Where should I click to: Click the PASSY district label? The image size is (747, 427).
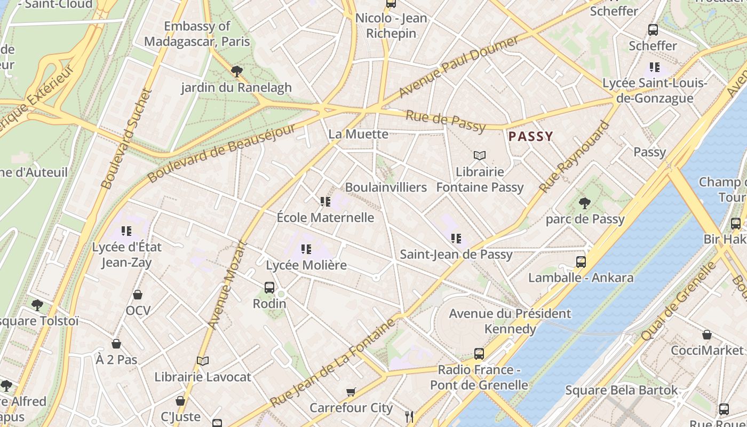pos(530,137)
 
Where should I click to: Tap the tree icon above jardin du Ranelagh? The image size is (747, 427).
pos(236,71)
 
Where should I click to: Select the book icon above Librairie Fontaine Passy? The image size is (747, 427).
pos(480,155)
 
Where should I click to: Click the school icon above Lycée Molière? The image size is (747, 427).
pos(306,249)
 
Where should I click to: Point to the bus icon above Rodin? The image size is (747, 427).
pos(269,288)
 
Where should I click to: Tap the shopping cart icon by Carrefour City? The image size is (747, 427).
pos(351,392)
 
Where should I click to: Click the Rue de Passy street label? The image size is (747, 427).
pos(446,121)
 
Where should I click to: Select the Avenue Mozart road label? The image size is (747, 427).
pos(228,286)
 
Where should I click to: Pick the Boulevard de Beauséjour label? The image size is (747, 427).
pos(221,153)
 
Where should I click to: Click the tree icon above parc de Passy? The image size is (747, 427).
pos(585,203)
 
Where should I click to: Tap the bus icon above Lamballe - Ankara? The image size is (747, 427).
pos(581,262)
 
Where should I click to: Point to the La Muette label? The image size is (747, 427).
pos(358,134)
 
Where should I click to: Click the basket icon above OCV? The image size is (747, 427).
pos(138,295)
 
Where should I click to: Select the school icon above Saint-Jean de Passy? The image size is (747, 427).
pos(456,238)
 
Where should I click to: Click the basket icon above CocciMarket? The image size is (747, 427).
pos(706,335)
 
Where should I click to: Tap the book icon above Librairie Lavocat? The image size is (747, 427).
pos(202,361)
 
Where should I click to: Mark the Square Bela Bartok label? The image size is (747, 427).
pos(621,390)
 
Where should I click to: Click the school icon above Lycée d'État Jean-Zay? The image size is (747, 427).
pos(126,231)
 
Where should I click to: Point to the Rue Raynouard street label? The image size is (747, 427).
pos(574,157)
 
